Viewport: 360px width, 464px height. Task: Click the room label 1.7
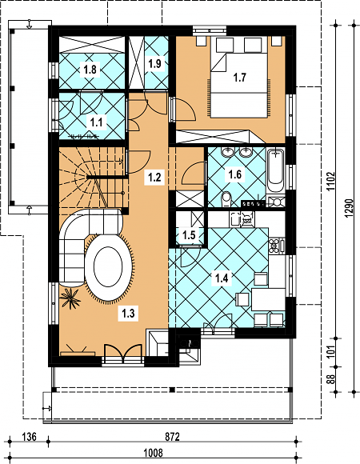pyautogui.click(x=240, y=78)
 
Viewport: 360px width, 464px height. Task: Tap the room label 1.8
pyautogui.click(x=90, y=70)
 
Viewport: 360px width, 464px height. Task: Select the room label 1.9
pyautogui.click(x=154, y=63)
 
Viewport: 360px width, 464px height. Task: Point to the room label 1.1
pyautogui.click(x=97, y=122)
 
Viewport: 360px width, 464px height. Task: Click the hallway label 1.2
pyautogui.click(x=154, y=178)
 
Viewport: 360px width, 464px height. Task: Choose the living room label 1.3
pyautogui.click(x=128, y=313)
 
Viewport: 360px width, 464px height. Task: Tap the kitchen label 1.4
pyautogui.click(x=222, y=278)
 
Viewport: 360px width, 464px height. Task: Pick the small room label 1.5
pyautogui.click(x=189, y=235)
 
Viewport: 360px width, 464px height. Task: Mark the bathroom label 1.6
pyautogui.click(x=235, y=174)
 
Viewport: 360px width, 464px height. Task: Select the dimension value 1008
pyautogui.click(x=153, y=453)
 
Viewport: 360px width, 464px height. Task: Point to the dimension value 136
pyautogui.click(x=30, y=437)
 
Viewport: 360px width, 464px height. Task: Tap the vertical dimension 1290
pyautogui.click(x=350, y=208)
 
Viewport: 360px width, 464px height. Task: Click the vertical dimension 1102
pyautogui.click(x=331, y=181)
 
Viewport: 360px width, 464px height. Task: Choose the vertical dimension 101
pyautogui.click(x=331, y=351)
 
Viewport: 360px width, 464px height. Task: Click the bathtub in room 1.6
pyautogui.click(x=276, y=171)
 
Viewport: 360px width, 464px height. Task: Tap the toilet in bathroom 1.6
pyautogui.click(x=226, y=199)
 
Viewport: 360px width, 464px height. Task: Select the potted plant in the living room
pyautogui.click(x=70, y=298)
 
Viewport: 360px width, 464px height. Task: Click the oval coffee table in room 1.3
pyautogui.click(x=108, y=267)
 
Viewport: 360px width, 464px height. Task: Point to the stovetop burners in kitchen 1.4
pyautogui.click(x=274, y=246)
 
